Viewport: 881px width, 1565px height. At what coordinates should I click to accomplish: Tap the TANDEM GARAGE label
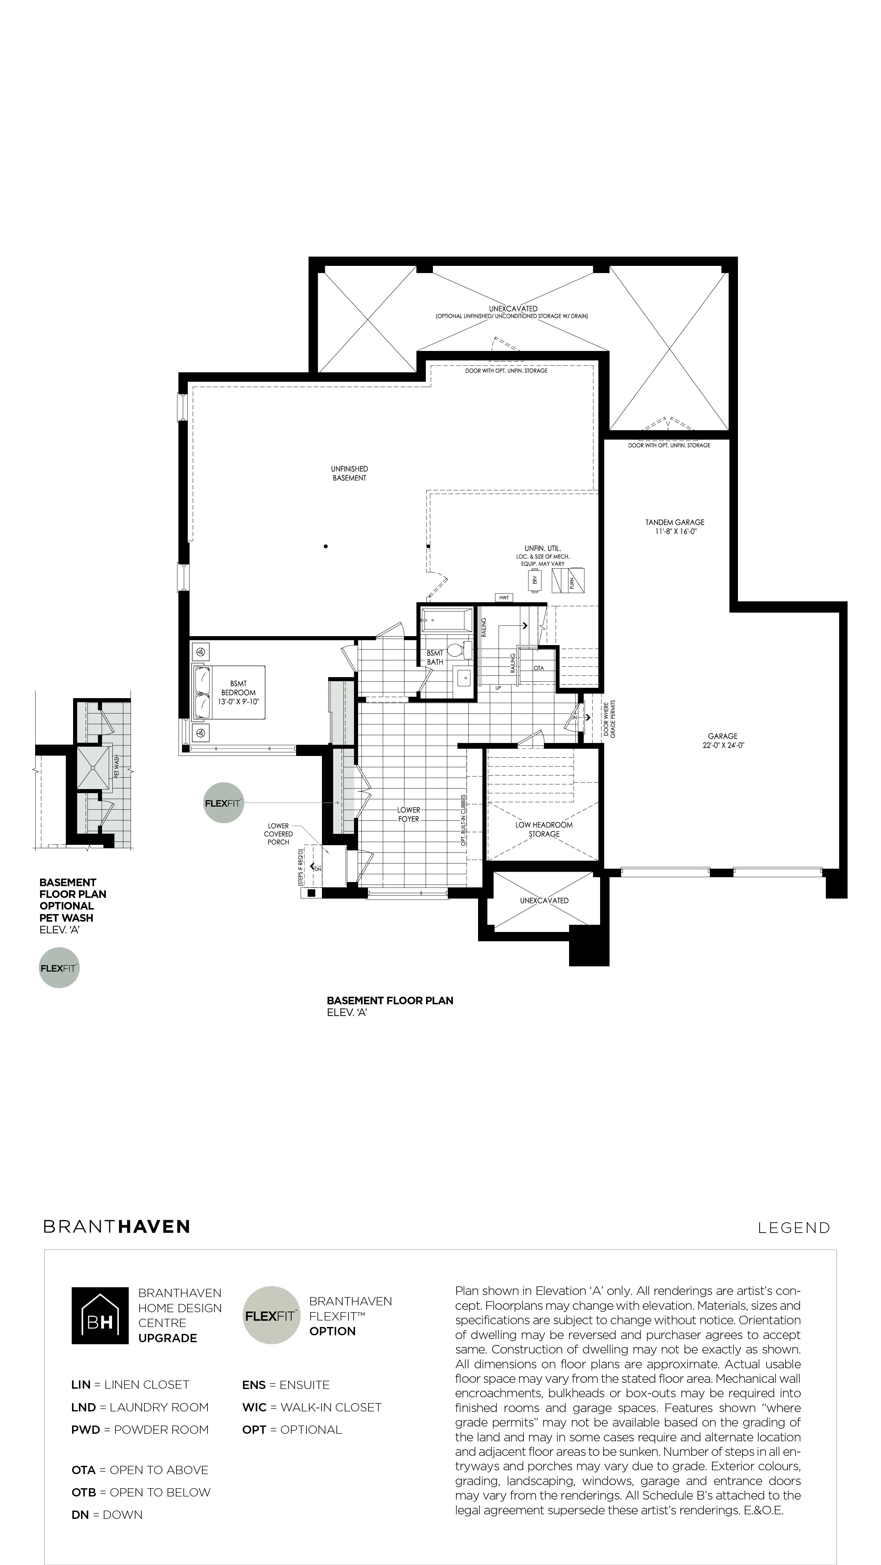[675, 522]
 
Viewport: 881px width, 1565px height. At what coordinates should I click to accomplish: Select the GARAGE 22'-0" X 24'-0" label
[723, 740]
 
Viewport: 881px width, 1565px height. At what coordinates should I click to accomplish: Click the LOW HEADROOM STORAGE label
[544, 829]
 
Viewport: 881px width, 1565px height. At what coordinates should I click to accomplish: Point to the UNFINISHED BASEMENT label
[350, 473]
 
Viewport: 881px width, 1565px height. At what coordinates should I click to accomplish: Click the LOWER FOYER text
[408, 814]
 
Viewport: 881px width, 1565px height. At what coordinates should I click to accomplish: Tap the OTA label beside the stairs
[539, 668]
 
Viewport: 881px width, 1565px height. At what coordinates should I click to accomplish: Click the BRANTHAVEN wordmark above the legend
[117, 1226]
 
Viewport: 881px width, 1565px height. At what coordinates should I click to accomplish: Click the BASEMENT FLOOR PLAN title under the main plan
[390, 1001]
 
